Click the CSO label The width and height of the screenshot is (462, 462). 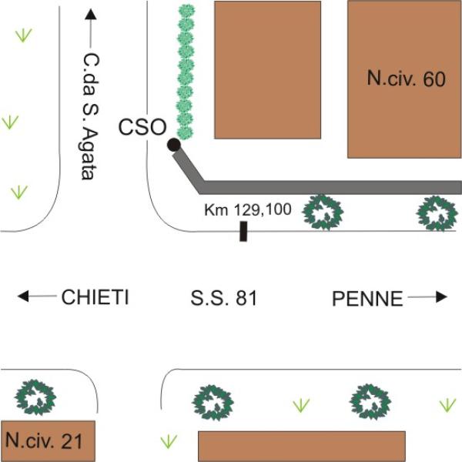pos(142,127)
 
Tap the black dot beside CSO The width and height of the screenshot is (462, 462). pos(174,145)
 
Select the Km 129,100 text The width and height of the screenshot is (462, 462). pos(248,209)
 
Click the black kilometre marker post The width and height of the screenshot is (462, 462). pos(243,231)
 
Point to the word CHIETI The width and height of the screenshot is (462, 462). pos(95,297)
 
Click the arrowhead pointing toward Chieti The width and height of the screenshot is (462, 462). pos(23,296)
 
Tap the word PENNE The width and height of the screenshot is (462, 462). pos(367,299)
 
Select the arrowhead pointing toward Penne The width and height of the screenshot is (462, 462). pos(441,297)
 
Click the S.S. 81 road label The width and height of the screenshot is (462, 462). pos(223,297)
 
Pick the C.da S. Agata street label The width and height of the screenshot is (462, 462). pos(90,116)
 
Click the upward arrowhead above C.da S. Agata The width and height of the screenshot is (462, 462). pos(90,15)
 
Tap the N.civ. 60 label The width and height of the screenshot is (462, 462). pos(406,79)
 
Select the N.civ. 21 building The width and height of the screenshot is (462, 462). pos(48,440)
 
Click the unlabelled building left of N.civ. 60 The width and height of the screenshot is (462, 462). pos(267,70)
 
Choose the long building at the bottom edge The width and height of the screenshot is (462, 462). pos(302,446)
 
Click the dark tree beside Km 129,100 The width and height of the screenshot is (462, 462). pos(323,213)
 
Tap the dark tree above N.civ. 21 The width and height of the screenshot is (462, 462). pos(35,397)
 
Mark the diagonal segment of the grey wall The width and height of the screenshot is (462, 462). pos(189,169)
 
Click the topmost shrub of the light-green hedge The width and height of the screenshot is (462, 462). pos(186,11)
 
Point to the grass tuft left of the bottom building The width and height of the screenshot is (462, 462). pos(169,441)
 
